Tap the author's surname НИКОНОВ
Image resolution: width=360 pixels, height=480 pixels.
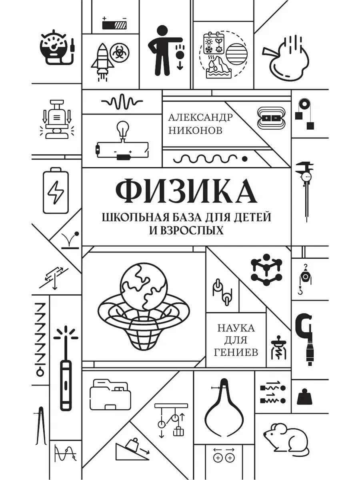click(x=196, y=131)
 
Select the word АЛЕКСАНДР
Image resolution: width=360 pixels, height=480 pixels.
click(x=200, y=118)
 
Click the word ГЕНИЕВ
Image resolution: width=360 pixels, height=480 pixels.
click(x=236, y=352)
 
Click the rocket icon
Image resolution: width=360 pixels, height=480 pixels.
click(x=102, y=62)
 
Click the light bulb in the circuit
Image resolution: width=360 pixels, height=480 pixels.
click(x=123, y=129)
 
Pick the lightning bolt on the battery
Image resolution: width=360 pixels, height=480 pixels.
click(x=56, y=192)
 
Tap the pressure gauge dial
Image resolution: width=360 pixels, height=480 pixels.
click(x=54, y=47)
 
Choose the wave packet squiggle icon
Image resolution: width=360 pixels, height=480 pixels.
click(x=122, y=102)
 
